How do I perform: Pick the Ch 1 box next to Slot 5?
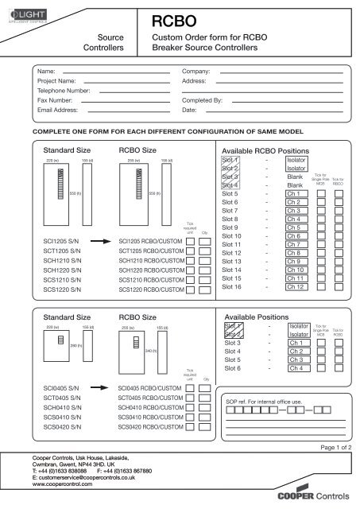(298, 193)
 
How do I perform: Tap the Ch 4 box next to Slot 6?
(298, 367)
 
